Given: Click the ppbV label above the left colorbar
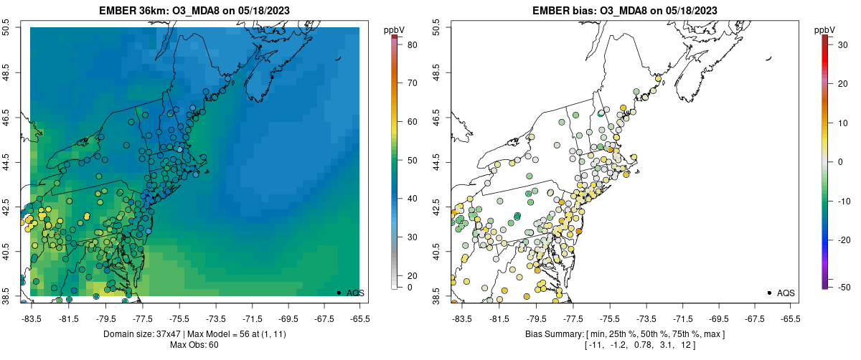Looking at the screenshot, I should click(395, 29).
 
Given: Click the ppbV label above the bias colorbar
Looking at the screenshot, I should click(826, 29).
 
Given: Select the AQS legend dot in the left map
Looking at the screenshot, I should click(339, 293).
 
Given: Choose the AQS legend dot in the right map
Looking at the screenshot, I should click(769, 293).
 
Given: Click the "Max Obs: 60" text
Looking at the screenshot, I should click(194, 345).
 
